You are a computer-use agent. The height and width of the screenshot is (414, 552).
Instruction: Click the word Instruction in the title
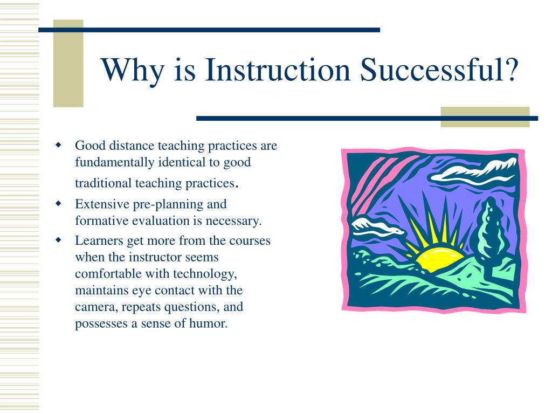click(x=278, y=70)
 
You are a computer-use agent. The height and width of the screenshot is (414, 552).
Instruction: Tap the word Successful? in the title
click(x=439, y=70)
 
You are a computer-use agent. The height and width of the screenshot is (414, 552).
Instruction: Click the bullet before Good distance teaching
click(x=58, y=144)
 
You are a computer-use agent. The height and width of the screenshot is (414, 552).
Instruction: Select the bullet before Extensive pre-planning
click(x=58, y=203)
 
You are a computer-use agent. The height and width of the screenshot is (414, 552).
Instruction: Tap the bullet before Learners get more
click(x=58, y=240)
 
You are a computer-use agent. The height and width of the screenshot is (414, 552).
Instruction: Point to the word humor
click(x=209, y=323)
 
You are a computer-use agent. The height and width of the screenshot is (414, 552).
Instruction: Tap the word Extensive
click(x=102, y=204)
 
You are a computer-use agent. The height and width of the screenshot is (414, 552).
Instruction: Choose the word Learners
click(x=99, y=240)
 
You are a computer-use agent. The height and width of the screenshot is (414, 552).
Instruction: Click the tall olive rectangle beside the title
click(x=68, y=64)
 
